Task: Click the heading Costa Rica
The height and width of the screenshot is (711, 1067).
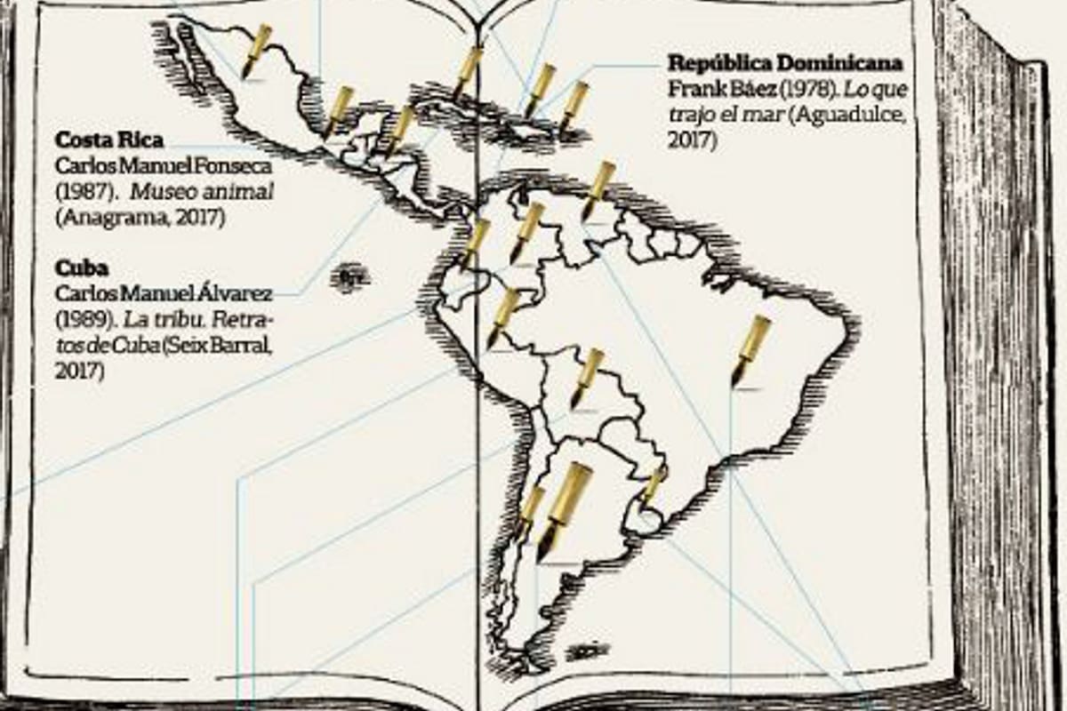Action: pyautogui.click(x=109, y=140)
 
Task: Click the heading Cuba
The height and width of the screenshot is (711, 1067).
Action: pyautogui.click(x=81, y=268)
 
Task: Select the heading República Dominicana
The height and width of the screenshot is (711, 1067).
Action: pyautogui.click(x=785, y=63)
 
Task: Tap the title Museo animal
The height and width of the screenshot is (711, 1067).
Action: pyautogui.click(x=221, y=192)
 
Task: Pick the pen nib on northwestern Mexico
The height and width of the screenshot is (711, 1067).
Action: pyautogui.click(x=256, y=51)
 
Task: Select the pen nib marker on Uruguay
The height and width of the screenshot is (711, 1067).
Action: pyautogui.click(x=654, y=485)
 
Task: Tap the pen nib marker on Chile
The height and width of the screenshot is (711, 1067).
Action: pyautogui.click(x=530, y=511)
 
